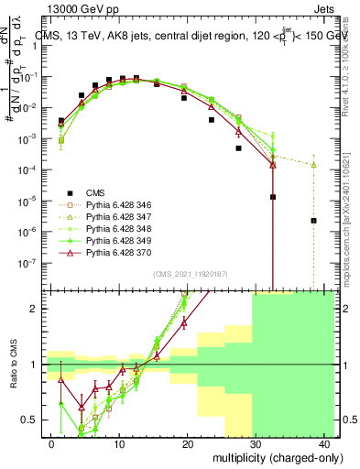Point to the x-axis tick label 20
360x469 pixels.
pos(188,443)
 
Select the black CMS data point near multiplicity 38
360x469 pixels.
pos(314,221)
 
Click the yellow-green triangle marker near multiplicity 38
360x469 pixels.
pos(314,165)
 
